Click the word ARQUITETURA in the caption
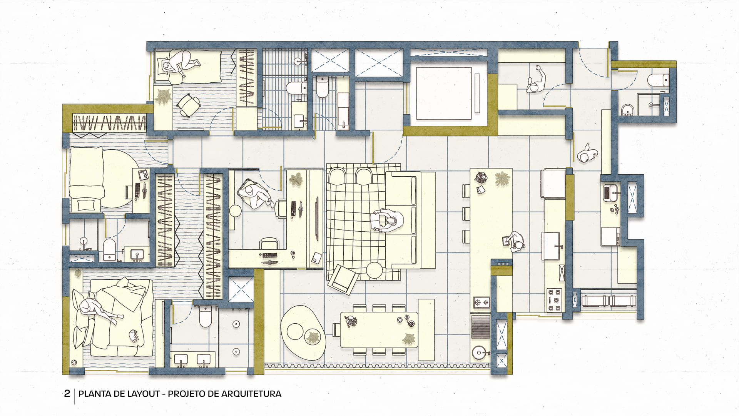coord(251,394)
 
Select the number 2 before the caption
coord(67,394)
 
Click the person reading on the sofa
coord(387,221)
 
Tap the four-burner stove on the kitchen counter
coord(553,300)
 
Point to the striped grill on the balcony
coord(480,327)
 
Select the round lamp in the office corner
coord(235,211)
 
